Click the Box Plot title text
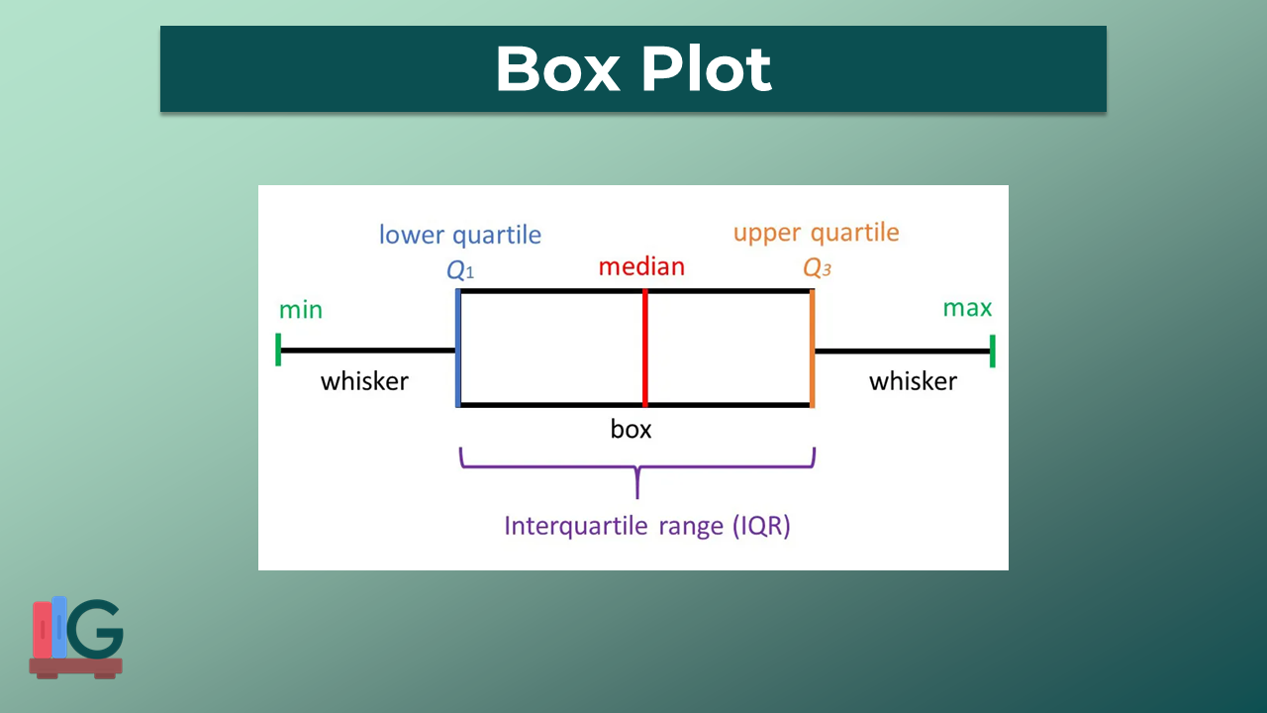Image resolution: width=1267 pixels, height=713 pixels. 633,69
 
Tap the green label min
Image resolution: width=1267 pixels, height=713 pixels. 301,310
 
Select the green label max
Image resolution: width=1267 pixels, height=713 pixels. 967,308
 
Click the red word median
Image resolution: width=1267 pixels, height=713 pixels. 641,266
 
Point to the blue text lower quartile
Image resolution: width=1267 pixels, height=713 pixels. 460,235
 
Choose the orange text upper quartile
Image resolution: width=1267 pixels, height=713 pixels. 816,233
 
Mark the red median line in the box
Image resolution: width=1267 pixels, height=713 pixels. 644,348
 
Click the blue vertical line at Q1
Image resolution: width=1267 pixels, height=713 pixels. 457,348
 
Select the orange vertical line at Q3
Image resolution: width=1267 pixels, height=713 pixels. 812,348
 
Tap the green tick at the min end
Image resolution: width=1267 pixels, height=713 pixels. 279,350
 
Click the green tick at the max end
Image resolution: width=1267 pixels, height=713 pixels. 992,351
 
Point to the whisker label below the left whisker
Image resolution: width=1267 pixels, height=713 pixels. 364,381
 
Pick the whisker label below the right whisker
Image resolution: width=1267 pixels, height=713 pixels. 913,381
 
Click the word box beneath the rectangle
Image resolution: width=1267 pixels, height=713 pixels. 632,429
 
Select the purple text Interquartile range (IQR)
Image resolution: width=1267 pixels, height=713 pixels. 647,525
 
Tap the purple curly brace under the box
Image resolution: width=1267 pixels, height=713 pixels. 637,471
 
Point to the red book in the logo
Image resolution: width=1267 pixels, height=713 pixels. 42,629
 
